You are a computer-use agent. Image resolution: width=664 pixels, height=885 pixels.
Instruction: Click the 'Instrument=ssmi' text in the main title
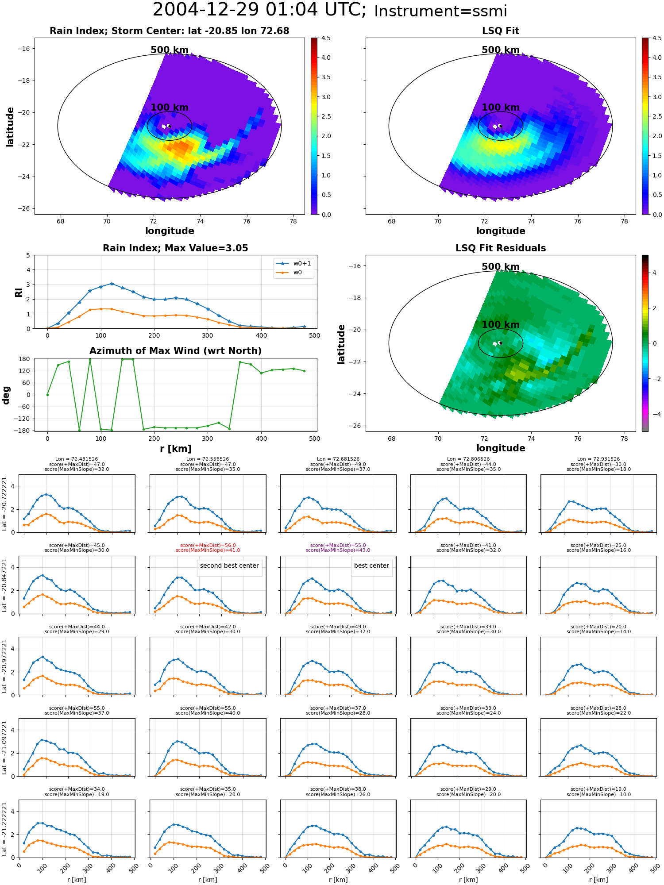click(x=440, y=12)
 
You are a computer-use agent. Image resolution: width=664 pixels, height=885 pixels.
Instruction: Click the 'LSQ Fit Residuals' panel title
click(x=500, y=248)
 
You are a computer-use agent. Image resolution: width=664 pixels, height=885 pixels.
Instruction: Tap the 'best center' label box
click(x=371, y=566)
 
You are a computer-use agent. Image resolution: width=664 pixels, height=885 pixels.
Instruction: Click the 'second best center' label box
click(x=229, y=566)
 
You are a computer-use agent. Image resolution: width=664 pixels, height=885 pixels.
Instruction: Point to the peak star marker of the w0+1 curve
click(x=112, y=284)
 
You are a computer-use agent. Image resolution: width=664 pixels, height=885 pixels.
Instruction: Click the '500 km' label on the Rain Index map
click(x=170, y=50)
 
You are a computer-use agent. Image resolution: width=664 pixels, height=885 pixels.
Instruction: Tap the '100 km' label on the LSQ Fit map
click(x=500, y=108)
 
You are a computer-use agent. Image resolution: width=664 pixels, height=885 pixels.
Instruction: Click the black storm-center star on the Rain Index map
click(x=169, y=126)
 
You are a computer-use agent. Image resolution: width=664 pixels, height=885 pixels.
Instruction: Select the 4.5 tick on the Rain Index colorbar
click(x=326, y=38)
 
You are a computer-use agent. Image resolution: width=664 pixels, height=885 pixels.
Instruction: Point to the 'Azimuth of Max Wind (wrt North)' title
click(x=175, y=351)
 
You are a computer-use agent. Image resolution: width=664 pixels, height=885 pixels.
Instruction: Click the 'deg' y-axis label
click(x=6, y=395)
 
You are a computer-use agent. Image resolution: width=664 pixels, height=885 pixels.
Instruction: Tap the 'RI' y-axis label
click(x=19, y=292)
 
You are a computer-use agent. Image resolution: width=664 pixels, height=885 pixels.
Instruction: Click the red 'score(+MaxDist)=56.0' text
click(x=208, y=545)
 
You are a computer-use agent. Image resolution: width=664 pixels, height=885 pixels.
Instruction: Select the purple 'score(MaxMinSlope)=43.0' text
click(x=338, y=550)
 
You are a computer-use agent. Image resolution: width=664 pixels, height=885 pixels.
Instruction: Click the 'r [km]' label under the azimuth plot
click(x=175, y=449)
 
